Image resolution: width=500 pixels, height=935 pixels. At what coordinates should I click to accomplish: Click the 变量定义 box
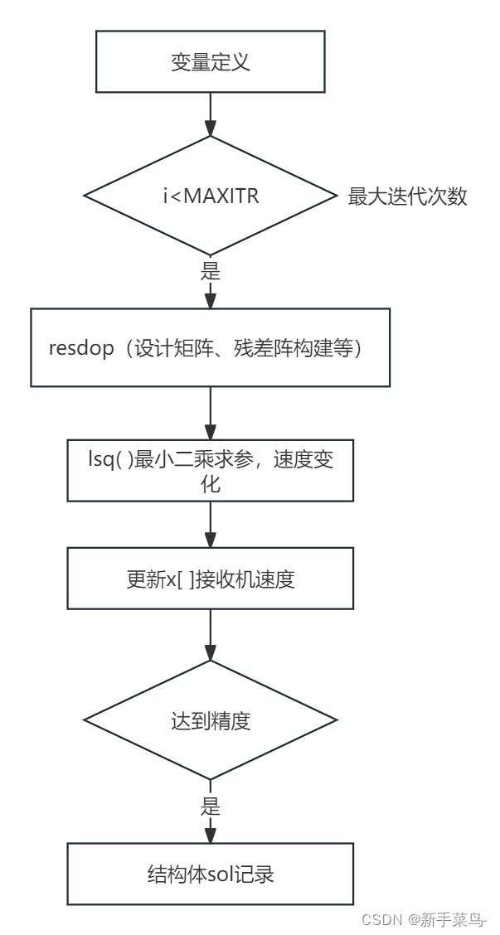pyautogui.click(x=211, y=63)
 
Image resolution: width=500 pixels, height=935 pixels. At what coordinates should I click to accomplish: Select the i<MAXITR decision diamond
pyautogui.click(x=211, y=197)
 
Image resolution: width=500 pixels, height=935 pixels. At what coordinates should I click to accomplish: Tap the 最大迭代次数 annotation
pyautogui.click(x=407, y=198)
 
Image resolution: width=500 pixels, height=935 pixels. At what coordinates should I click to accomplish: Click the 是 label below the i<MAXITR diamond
pyautogui.click(x=211, y=271)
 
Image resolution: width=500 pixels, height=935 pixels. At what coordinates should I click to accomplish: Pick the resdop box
pyautogui.click(x=211, y=348)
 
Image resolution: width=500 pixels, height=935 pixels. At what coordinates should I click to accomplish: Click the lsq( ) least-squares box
pyautogui.click(x=211, y=470)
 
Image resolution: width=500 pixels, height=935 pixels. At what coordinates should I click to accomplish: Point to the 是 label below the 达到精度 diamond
pyautogui.click(x=211, y=806)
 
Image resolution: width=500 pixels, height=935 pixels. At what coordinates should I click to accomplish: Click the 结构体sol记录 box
pyautogui.click(x=211, y=874)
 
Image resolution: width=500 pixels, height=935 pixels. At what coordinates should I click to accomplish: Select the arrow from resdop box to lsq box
pyautogui.click(x=211, y=412)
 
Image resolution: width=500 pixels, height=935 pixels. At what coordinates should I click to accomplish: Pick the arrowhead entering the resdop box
pyautogui.click(x=211, y=299)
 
